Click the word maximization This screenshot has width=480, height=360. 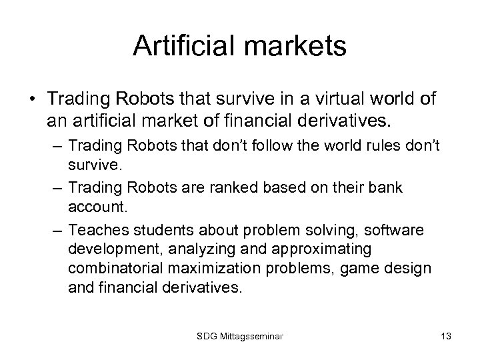click(x=219, y=268)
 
